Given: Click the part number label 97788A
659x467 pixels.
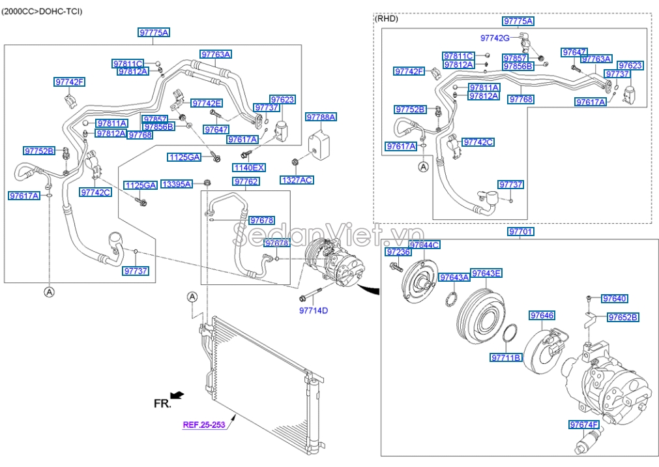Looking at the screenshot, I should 321,117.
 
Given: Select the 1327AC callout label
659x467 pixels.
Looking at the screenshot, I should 297,179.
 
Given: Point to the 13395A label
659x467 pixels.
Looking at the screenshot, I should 176,185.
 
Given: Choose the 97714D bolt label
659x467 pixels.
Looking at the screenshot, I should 313,310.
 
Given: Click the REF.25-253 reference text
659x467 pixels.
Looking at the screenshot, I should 203,425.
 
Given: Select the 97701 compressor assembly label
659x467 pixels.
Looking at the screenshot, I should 520,232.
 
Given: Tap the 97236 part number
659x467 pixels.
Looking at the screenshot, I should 398,252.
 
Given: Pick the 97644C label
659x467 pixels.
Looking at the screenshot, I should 424,245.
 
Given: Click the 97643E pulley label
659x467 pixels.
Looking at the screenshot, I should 486,273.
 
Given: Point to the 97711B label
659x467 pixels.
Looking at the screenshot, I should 506,357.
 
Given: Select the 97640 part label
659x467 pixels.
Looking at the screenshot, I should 615,299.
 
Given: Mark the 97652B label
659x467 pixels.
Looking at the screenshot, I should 622,318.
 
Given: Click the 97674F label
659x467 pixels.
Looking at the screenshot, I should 583,425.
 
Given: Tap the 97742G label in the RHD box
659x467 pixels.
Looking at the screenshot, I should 495,38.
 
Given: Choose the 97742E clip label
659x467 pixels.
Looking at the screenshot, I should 207,103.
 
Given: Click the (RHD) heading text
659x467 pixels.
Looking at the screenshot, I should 387,19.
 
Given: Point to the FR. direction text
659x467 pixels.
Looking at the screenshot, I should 162,404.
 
